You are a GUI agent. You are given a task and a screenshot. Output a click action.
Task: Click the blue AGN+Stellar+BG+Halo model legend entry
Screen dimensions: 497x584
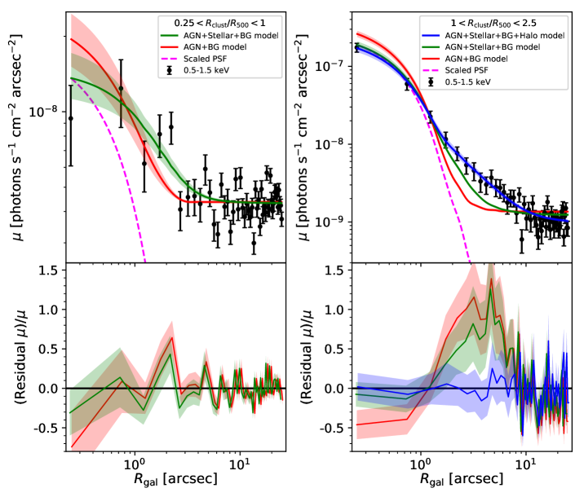(506, 36)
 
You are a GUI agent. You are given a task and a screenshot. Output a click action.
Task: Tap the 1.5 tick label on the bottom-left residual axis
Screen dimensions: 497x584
(51, 270)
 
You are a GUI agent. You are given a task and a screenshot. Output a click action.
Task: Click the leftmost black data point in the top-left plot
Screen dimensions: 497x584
(70, 118)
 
